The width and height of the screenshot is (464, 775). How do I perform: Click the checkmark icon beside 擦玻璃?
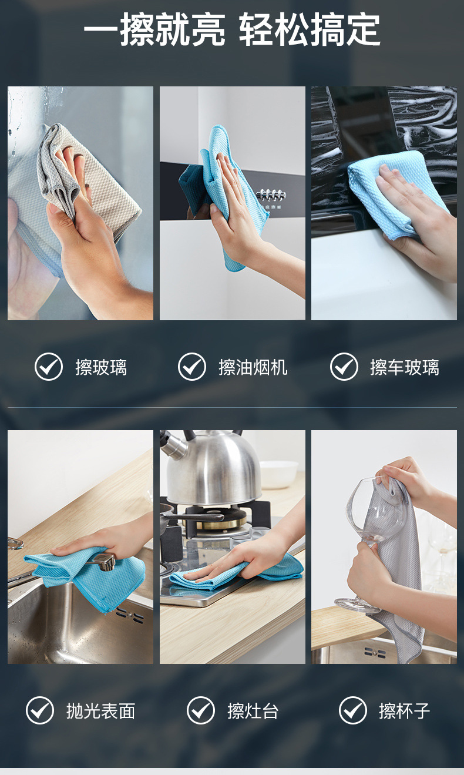coord(49,367)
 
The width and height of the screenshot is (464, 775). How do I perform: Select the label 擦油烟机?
coord(253,367)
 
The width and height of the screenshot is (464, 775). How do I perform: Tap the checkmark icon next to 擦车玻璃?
coord(344,367)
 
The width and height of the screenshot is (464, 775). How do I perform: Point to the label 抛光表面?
coord(100,711)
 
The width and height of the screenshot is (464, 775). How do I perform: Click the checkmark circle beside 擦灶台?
coord(201,710)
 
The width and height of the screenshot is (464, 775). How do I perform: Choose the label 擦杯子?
coord(405,711)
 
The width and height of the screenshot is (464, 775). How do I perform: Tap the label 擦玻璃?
coord(101,367)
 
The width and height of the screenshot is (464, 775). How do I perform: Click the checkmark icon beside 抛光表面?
coord(40,710)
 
